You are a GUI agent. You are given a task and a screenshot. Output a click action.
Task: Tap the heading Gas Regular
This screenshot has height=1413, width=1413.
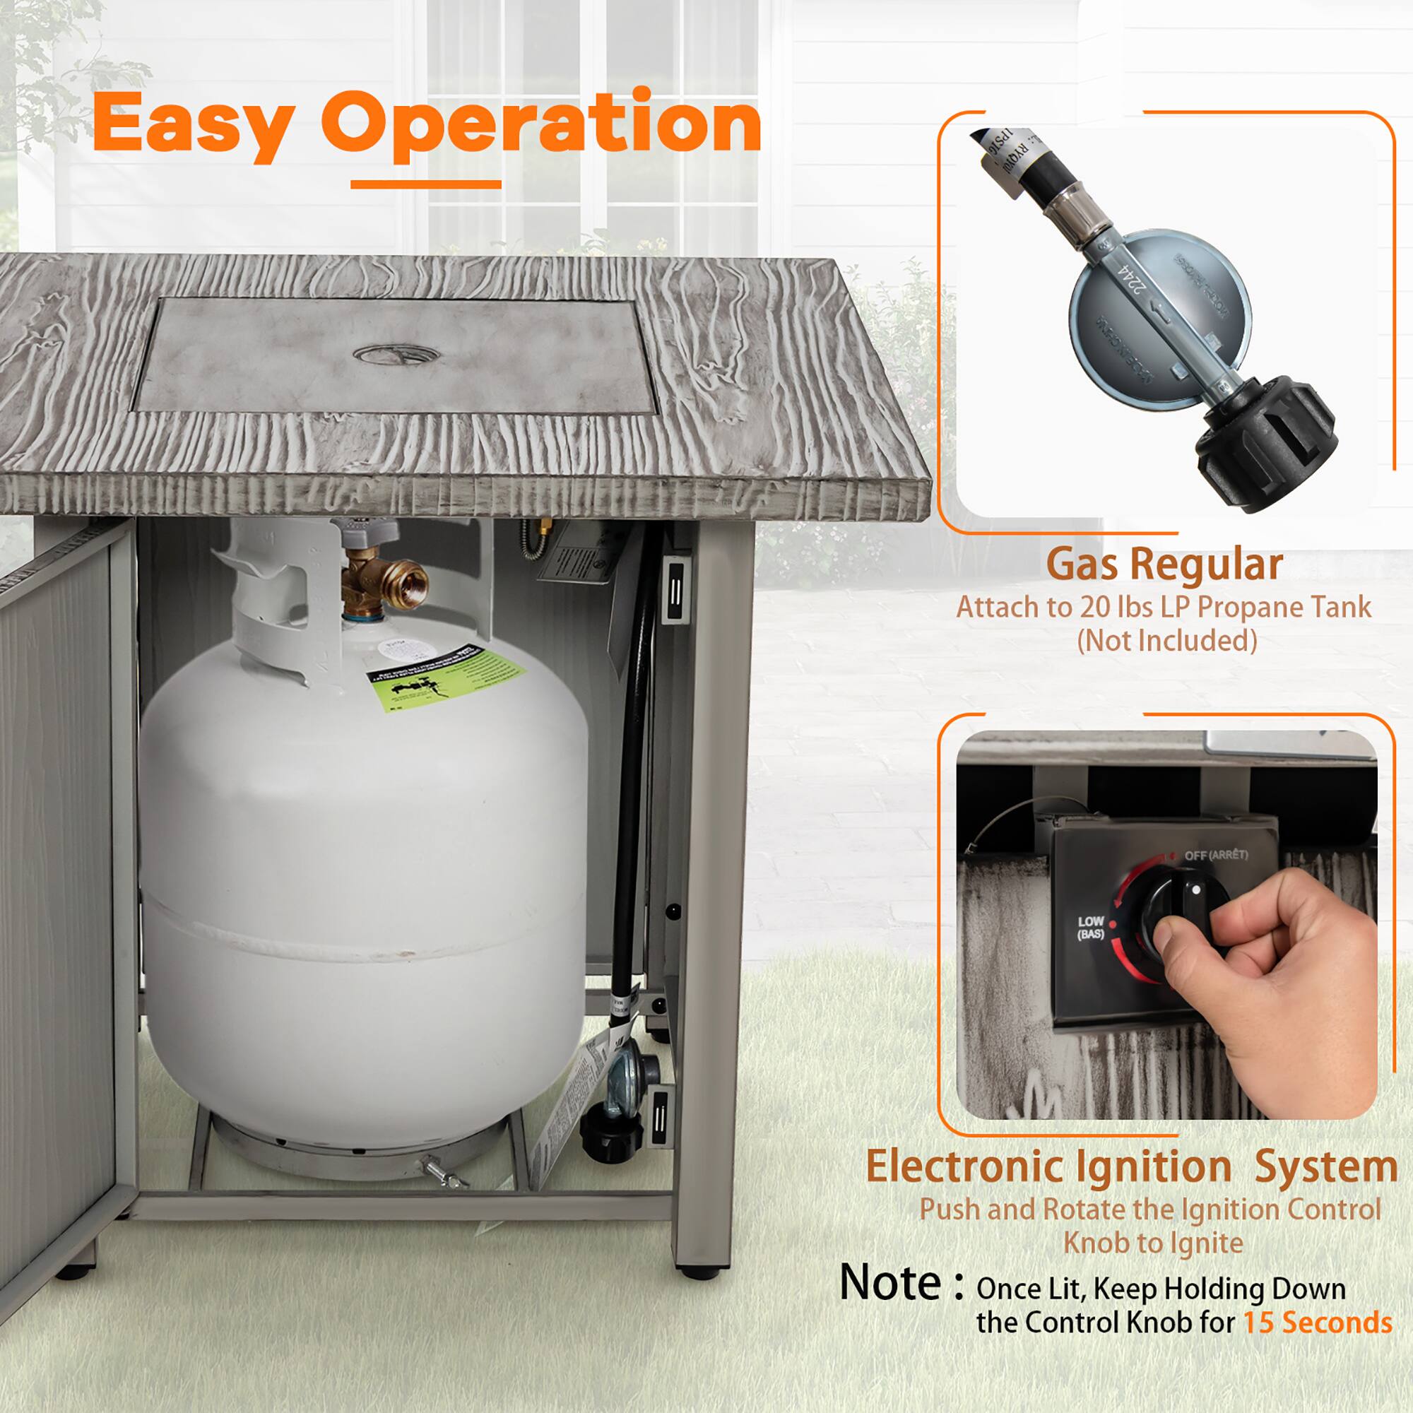(x=1164, y=565)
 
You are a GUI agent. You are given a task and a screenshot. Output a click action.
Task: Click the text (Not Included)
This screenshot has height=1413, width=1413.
(x=1166, y=642)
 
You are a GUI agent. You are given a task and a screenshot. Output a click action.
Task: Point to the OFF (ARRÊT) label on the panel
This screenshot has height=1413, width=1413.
(x=1215, y=855)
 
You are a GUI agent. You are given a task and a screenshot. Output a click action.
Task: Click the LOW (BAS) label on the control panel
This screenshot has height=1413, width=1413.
(x=1089, y=928)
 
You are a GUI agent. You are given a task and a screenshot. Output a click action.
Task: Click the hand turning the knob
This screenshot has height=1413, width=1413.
(x=1287, y=973)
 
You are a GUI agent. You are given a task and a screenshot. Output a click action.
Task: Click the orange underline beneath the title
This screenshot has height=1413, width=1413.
(x=425, y=184)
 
